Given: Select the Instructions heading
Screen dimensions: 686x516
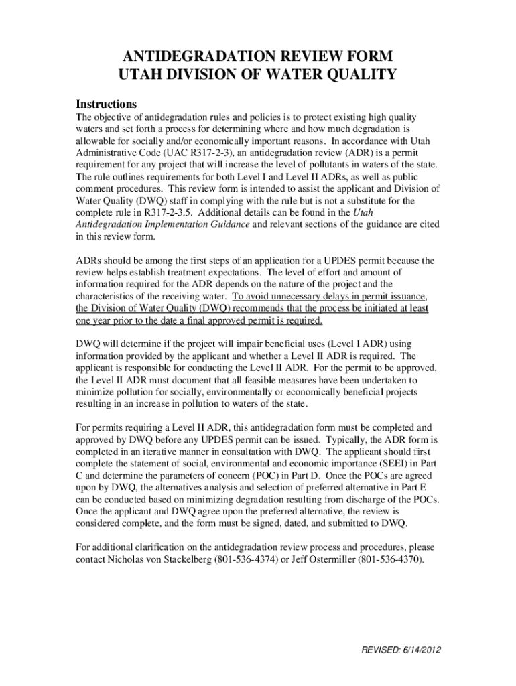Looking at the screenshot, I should (x=107, y=105).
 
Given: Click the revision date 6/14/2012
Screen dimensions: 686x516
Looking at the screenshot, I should (x=422, y=650).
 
